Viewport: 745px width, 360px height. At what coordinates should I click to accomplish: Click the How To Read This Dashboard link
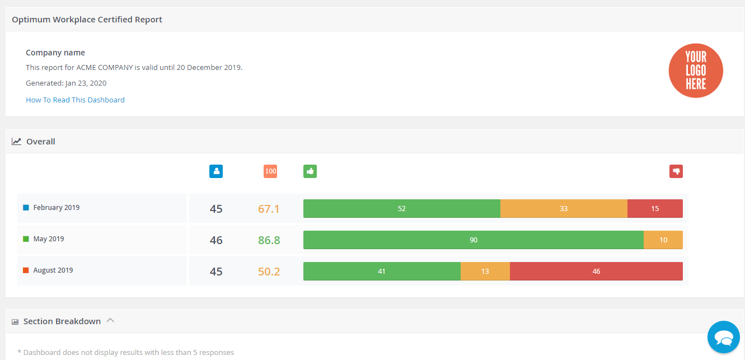point(75,100)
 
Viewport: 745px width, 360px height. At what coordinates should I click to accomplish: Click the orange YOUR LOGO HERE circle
point(696,71)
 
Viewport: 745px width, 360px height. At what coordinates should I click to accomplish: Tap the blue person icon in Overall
point(216,171)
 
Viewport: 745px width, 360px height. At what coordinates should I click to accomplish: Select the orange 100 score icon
point(270,171)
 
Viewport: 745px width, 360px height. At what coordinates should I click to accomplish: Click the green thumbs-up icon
point(310,171)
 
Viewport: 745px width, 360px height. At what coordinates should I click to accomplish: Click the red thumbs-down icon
point(676,171)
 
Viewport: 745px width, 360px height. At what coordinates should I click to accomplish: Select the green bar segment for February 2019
point(401,209)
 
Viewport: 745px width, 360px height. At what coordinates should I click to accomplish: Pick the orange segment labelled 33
point(564,209)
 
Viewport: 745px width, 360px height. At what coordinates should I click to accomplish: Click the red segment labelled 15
point(655,209)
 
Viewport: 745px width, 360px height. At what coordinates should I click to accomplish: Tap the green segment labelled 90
point(473,240)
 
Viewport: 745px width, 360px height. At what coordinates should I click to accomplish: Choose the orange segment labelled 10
point(663,240)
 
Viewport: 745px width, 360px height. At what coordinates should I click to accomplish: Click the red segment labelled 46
point(596,272)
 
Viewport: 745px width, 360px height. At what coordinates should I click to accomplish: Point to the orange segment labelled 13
point(485,272)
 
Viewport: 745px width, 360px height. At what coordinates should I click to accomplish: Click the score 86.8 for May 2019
point(269,240)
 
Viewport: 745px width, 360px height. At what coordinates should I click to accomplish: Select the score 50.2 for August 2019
point(269,272)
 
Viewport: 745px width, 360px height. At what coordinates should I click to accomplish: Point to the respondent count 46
point(216,240)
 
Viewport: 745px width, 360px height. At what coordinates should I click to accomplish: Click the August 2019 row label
point(53,270)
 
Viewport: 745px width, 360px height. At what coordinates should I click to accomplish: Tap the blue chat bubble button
point(723,337)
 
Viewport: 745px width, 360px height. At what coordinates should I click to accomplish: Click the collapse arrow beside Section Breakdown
point(110,321)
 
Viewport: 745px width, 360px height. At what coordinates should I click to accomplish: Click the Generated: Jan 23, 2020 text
point(66,83)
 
